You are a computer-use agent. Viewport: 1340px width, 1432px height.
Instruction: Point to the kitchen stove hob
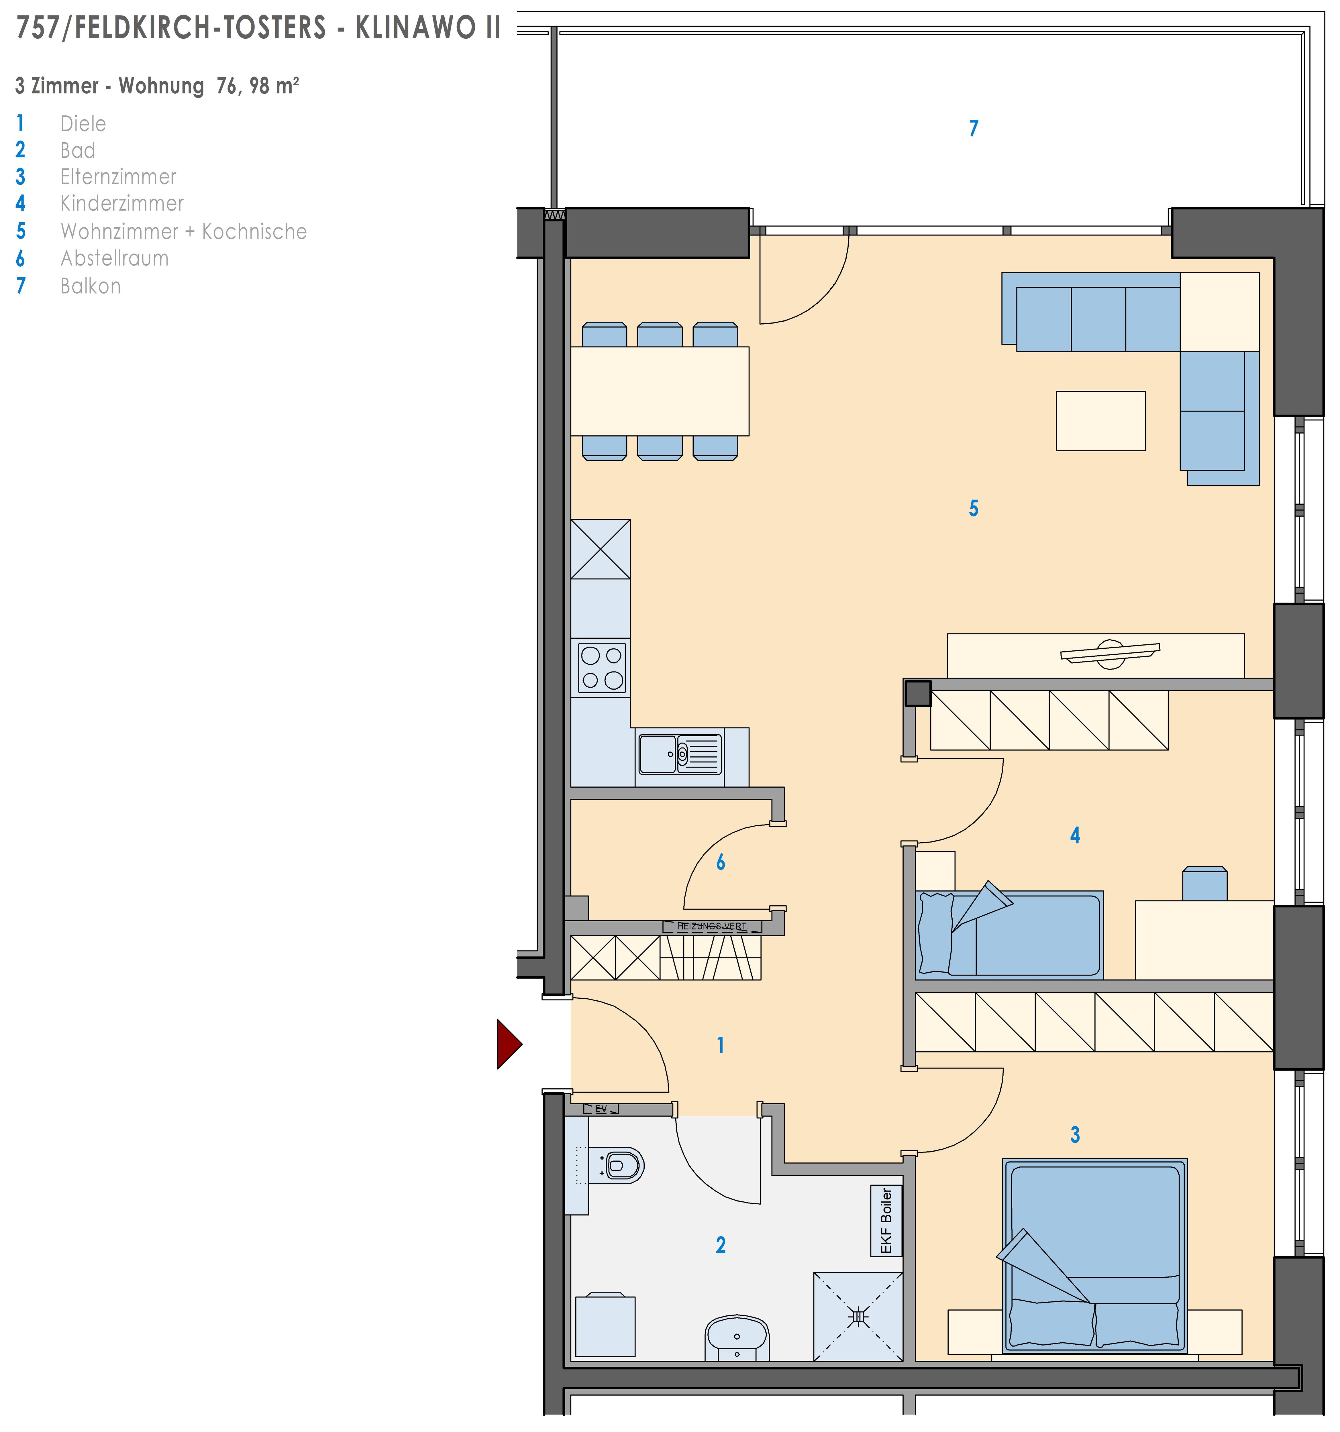click(x=602, y=668)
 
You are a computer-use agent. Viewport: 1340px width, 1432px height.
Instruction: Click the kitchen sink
click(x=679, y=754)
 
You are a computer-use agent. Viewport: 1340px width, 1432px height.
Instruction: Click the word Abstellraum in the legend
click(x=115, y=258)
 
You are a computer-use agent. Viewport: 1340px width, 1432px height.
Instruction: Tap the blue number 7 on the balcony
click(x=973, y=128)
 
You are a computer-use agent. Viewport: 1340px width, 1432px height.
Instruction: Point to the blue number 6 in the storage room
click(x=721, y=862)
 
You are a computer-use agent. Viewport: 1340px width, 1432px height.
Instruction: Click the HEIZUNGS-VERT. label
click(x=712, y=926)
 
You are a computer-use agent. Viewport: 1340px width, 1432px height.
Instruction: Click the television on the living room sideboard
click(x=1110, y=651)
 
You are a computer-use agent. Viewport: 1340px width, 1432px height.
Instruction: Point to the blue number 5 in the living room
click(x=973, y=509)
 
